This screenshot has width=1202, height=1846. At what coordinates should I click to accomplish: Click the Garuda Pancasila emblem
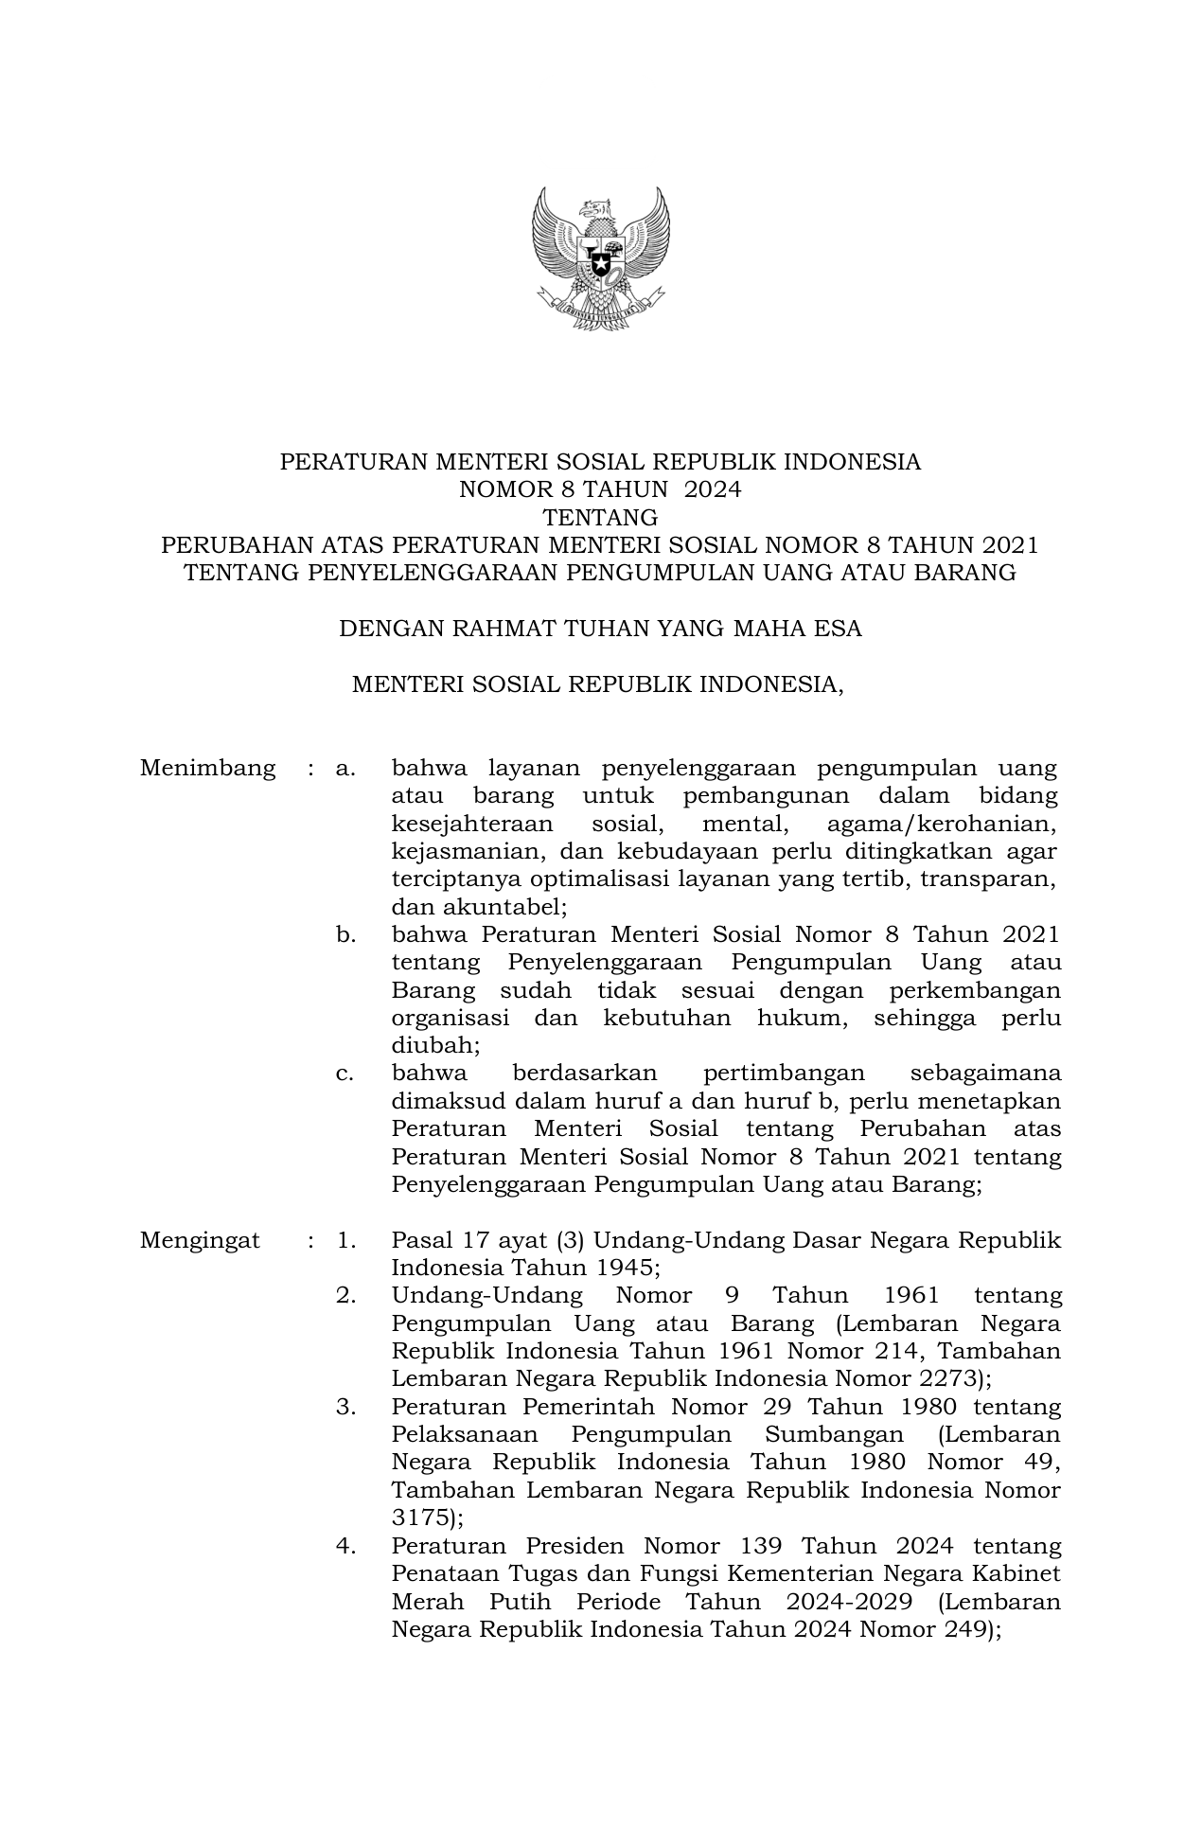click(600, 257)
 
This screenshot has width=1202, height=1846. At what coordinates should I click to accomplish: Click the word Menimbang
click(207, 768)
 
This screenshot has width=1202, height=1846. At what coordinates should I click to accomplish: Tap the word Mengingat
click(200, 1240)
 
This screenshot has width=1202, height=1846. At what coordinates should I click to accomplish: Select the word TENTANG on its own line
click(600, 518)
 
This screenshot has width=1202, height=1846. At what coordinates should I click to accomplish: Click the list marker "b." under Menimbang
click(345, 935)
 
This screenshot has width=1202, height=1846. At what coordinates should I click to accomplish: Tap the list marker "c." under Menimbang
click(345, 1074)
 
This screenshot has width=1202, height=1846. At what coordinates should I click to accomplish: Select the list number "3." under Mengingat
click(345, 1407)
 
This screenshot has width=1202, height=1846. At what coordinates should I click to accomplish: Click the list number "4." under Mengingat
click(345, 1546)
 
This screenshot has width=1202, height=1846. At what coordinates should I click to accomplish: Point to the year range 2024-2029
click(849, 1602)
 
